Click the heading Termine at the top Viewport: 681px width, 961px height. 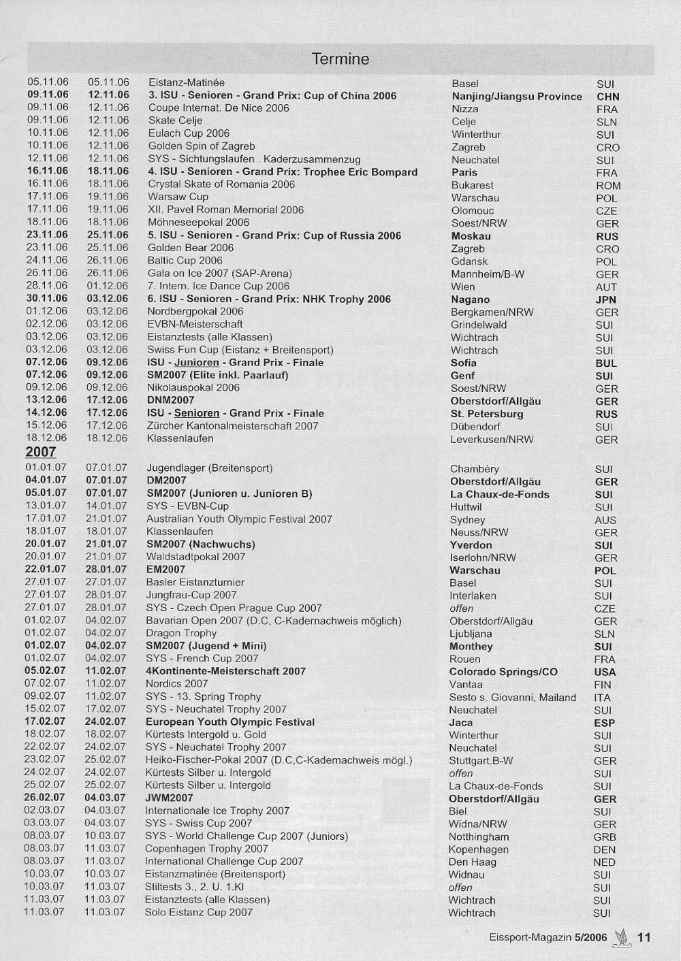point(340,59)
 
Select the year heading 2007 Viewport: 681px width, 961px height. point(41,452)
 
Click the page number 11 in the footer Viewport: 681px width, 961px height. point(644,937)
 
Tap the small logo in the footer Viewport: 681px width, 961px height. point(621,937)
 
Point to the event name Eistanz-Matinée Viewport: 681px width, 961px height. point(186,83)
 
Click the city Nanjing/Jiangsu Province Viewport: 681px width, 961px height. point(517,97)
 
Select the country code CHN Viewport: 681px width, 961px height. point(607,97)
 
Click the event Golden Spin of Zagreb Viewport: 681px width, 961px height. point(202,146)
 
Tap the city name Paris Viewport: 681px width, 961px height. point(464,172)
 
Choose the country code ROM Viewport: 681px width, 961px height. point(608,185)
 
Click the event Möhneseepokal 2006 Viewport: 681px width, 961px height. point(198,223)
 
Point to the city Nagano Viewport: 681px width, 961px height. point(470,299)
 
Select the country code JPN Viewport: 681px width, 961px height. point(605,299)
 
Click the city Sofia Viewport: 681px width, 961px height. point(463,363)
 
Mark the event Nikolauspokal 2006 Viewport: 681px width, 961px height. point(193,387)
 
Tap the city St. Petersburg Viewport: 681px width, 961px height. point(487,414)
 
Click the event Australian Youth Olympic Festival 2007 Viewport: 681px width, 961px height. point(239,519)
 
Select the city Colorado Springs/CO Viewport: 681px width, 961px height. point(503,672)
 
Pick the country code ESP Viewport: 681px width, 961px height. point(604,723)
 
